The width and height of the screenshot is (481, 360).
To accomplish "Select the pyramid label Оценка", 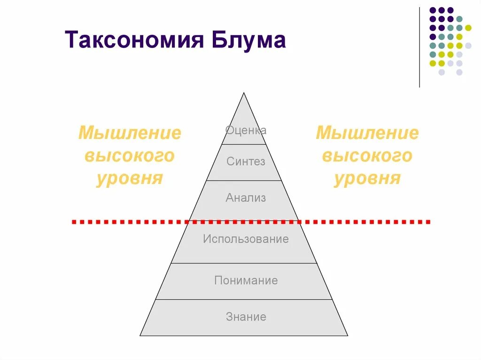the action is click(x=246, y=130).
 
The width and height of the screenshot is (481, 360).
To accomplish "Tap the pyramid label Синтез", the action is click(x=246, y=162).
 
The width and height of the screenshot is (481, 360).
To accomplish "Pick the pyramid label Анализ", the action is click(x=246, y=198).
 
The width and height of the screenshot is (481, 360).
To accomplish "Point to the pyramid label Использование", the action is click(x=246, y=239).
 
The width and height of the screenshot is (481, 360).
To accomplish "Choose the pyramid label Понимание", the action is click(x=246, y=281).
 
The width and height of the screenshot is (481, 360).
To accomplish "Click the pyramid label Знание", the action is click(x=246, y=317).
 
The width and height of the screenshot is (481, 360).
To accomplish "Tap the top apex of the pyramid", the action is click(x=244, y=93).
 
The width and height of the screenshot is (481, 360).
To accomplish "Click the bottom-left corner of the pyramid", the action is click(x=141, y=335).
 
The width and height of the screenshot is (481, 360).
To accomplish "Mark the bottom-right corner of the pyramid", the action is click(x=347, y=335).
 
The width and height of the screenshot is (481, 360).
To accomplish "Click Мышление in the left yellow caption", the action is click(x=130, y=133).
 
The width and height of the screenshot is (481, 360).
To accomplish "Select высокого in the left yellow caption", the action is click(x=130, y=156).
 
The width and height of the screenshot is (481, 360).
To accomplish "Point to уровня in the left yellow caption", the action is click(x=130, y=178).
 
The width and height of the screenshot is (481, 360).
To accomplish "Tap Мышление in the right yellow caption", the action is click(x=367, y=133).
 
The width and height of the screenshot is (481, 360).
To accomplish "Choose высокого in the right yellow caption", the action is click(x=367, y=156).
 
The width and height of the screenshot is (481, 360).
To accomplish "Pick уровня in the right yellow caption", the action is click(x=367, y=178).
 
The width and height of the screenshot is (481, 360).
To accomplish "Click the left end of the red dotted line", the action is click(x=74, y=222).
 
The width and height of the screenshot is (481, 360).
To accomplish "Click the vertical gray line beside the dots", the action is click(x=419, y=47).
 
